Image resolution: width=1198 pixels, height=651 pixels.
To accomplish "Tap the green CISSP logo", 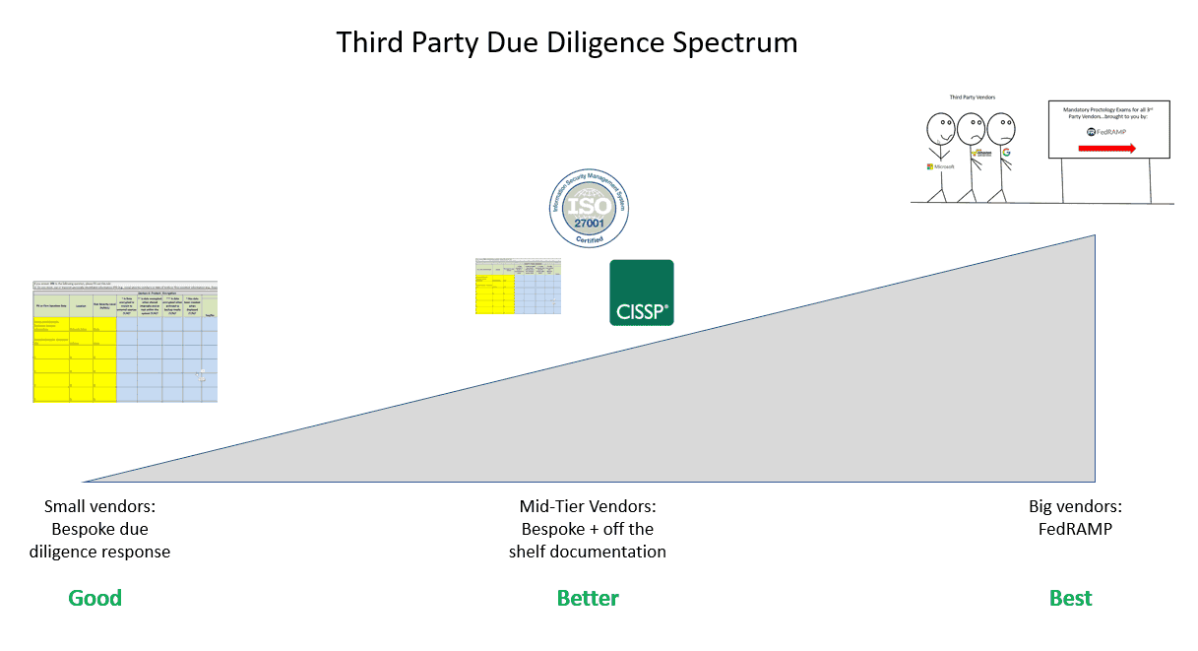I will pos(641,293).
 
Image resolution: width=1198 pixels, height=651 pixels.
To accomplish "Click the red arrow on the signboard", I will pos(1107,148).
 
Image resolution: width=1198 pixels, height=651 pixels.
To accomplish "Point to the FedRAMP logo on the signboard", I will pos(1107,132).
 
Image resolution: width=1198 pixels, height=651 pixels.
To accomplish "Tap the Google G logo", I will pos(1006,154).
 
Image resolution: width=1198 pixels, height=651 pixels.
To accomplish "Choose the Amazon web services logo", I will pos(979,155).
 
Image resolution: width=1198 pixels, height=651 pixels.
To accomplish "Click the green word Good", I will pos(95,598).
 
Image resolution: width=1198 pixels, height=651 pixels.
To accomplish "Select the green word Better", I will pos(588,598).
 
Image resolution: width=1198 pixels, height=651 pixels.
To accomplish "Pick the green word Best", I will pos(1070,598).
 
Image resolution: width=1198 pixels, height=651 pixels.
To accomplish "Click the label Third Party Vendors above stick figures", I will pos(973,98).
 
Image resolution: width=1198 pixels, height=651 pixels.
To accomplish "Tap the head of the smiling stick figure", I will pos(941,128).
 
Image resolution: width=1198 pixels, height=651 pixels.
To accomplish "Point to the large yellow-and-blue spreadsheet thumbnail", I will pos(125,342).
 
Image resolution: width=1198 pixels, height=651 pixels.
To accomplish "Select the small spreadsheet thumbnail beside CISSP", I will pos(518,287).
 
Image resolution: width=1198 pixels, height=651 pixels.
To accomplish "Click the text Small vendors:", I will pos(100,507).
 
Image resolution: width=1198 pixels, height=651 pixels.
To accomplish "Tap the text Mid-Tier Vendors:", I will pos(588,507).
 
